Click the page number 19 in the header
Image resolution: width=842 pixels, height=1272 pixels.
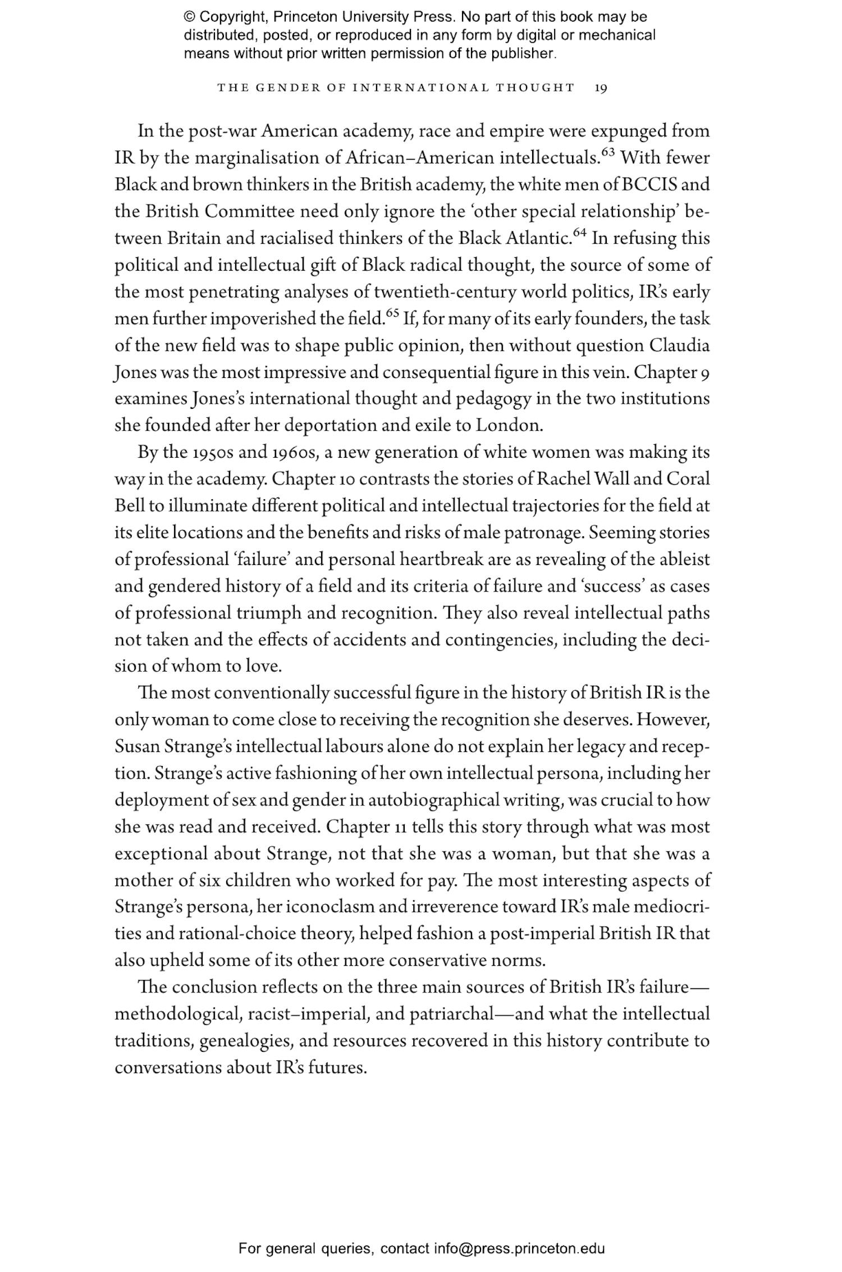coord(600,88)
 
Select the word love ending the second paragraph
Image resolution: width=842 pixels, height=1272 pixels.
coord(263,667)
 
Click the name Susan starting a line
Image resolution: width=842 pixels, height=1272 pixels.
coord(137,747)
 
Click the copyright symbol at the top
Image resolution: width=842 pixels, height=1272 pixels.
coord(189,17)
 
